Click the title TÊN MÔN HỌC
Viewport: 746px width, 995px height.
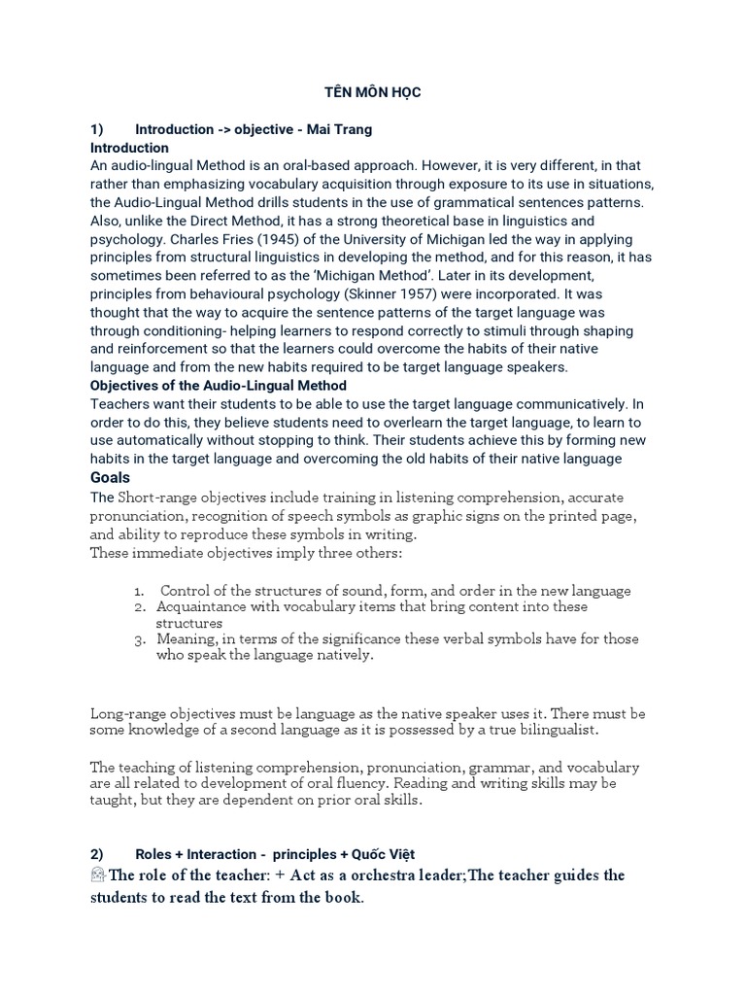click(x=372, y=92)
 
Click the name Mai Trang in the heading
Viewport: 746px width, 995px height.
click(x=340, y=129)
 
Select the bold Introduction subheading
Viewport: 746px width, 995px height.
click(x=129, y=148)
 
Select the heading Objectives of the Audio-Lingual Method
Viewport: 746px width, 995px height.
click(x=219, y=386)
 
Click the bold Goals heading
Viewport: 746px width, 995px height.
click(x=110, y=478)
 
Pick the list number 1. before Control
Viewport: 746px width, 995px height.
click(x=141, y=591)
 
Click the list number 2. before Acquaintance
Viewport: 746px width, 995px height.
click(x=141, y=607)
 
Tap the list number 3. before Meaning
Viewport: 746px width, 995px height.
click(x=141, y=639)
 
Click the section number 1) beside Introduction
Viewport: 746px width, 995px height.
click(x=96, y=129)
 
